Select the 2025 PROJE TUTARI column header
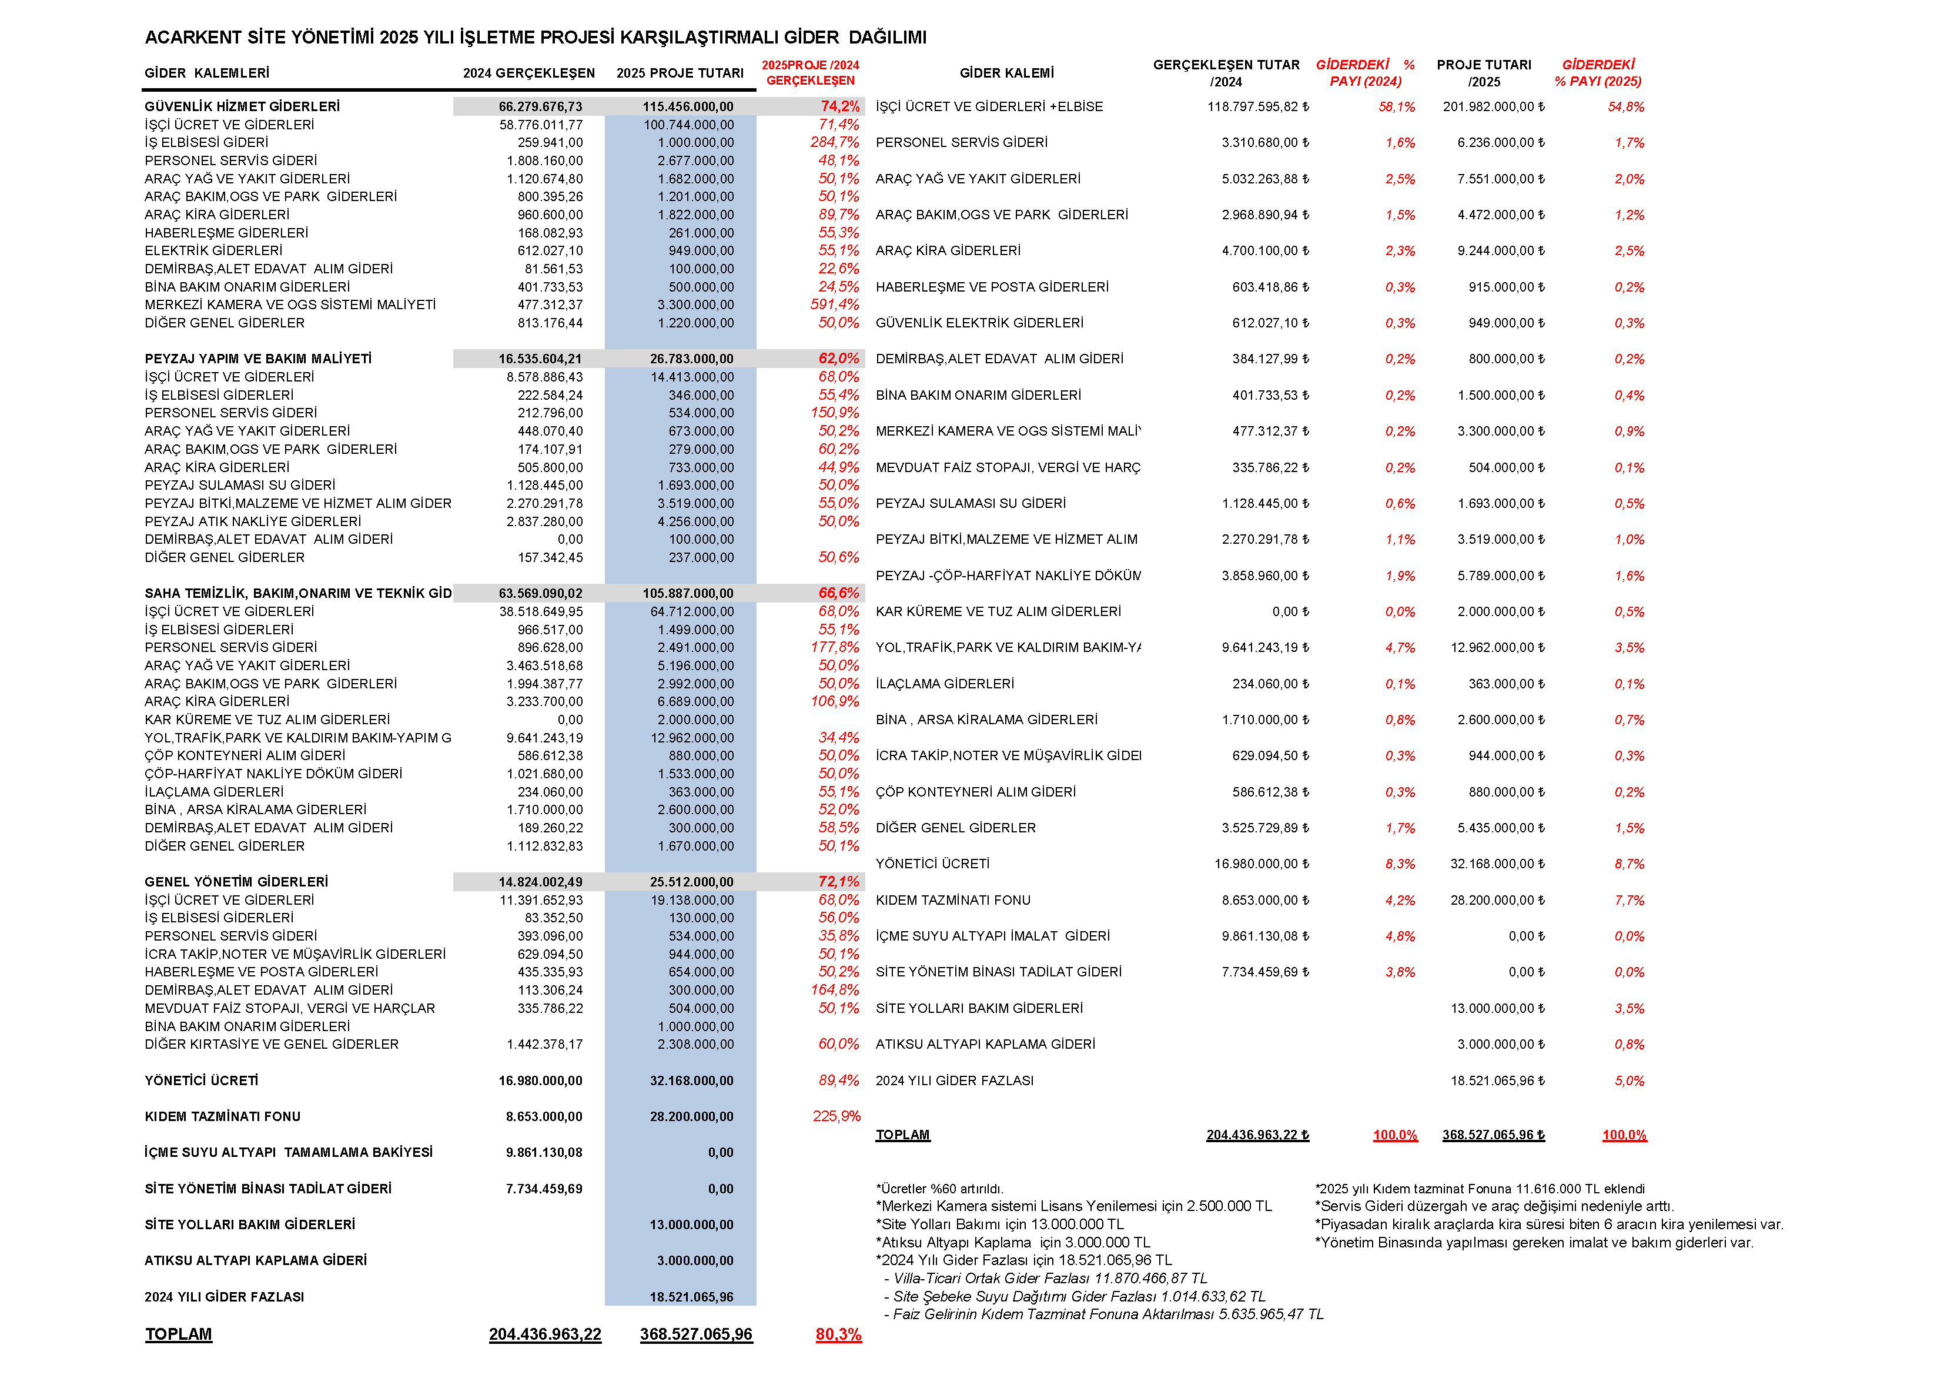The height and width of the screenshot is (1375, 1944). tap(680, 73)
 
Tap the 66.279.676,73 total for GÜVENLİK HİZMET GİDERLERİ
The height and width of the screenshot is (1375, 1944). tap(540, 106)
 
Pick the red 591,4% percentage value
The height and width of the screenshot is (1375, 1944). tap(834, 305)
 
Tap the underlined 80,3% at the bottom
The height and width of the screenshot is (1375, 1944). tap(838, 1335)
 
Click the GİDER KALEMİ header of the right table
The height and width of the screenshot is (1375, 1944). tap(1007, 73)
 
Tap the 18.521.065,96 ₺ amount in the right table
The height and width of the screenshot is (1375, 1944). tap(1497, 1081)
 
